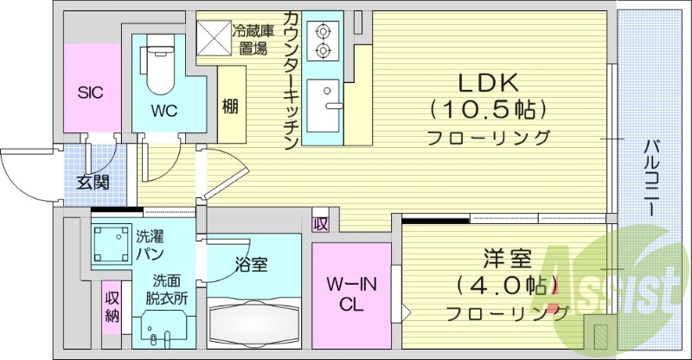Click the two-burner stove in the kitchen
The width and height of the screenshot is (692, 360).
point(324,42)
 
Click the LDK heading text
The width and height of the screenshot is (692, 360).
point(488,83)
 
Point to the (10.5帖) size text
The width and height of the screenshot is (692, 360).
point(488,110)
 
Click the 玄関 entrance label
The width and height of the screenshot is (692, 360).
point(93,182)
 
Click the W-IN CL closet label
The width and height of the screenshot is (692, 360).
point(350,294)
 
